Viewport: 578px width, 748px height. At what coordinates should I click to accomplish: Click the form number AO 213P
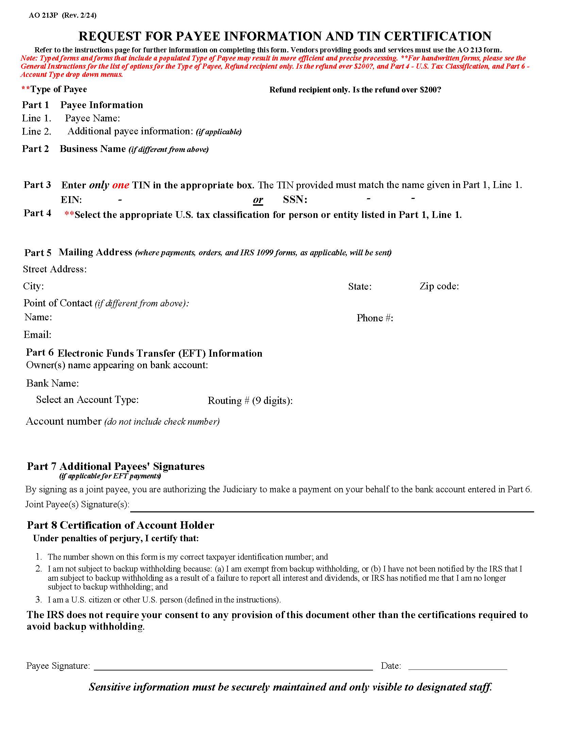coord(44,15)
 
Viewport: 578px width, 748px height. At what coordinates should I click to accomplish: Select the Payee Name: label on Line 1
coord(92,119)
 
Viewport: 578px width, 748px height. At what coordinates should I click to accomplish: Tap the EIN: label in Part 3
coord(71,200)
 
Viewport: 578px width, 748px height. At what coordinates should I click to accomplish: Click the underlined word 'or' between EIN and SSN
coord(258,200)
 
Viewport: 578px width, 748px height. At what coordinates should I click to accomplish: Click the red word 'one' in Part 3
coord(121,185)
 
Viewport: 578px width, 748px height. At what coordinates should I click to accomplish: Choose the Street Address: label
coord(55,269)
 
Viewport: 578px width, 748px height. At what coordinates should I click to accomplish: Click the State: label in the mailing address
coord(359,286)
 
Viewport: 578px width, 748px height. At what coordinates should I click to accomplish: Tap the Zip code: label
coord(439,286)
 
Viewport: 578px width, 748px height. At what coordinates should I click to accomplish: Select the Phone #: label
coord(375,318)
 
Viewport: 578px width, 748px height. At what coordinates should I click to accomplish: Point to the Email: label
coord(37,335)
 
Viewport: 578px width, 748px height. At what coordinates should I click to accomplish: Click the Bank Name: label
coord(52,383)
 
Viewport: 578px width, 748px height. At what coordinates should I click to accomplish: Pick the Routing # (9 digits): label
coord(250,401)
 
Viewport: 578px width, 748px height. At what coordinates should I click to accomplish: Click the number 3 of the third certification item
coord(39,600)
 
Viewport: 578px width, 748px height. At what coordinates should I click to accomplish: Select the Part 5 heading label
coord(38,253)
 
